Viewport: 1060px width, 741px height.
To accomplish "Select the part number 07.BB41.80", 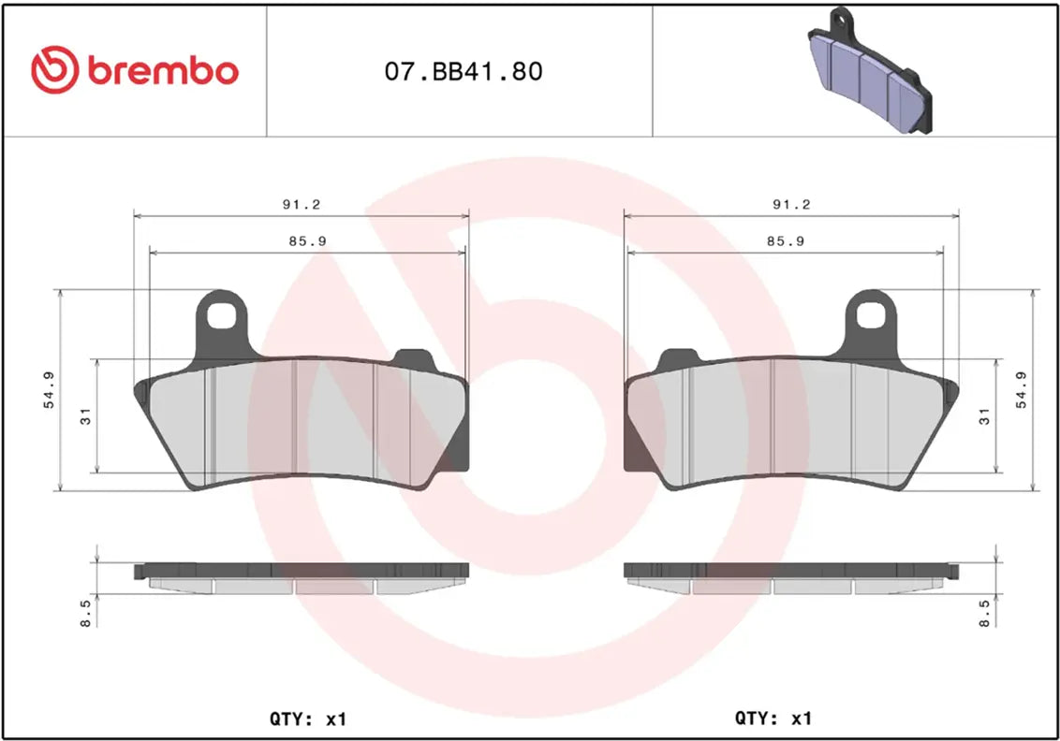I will [x=464, y=72].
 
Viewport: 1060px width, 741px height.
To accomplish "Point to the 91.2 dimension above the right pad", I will [x=791, y=204].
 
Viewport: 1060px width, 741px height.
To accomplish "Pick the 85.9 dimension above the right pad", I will [x=787, y=240].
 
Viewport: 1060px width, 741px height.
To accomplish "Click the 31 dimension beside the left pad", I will [x=85, y=417].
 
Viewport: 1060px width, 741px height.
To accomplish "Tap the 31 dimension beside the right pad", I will [x=984, y=415].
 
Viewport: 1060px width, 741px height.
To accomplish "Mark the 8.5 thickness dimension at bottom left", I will [x=86, y=613].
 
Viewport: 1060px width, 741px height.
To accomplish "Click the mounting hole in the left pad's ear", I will [x=222, y=315].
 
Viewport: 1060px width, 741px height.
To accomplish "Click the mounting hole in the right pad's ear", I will [x=872, y=315].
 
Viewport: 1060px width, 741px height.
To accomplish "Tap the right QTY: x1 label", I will [x=773, y=719].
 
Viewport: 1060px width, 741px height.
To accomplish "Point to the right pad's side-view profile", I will [x=791, y=577].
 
